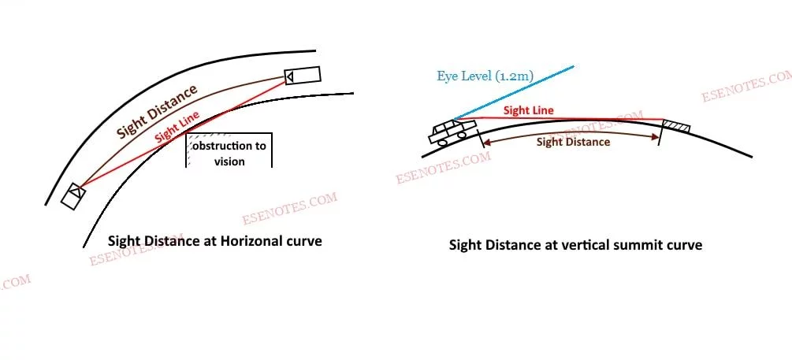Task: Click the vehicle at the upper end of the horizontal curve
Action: point(302,76)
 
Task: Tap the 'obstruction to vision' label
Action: point(229,154)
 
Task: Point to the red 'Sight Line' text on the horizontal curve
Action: point(177,125)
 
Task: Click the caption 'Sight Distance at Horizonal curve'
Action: point(214,241)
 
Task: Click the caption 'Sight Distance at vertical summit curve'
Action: point(575,245)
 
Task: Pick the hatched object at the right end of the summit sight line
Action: point(677,126)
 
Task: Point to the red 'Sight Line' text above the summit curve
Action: point(528,111)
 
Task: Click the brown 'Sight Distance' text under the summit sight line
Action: point(573,142)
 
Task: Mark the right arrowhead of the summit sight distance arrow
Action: point(657,137)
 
